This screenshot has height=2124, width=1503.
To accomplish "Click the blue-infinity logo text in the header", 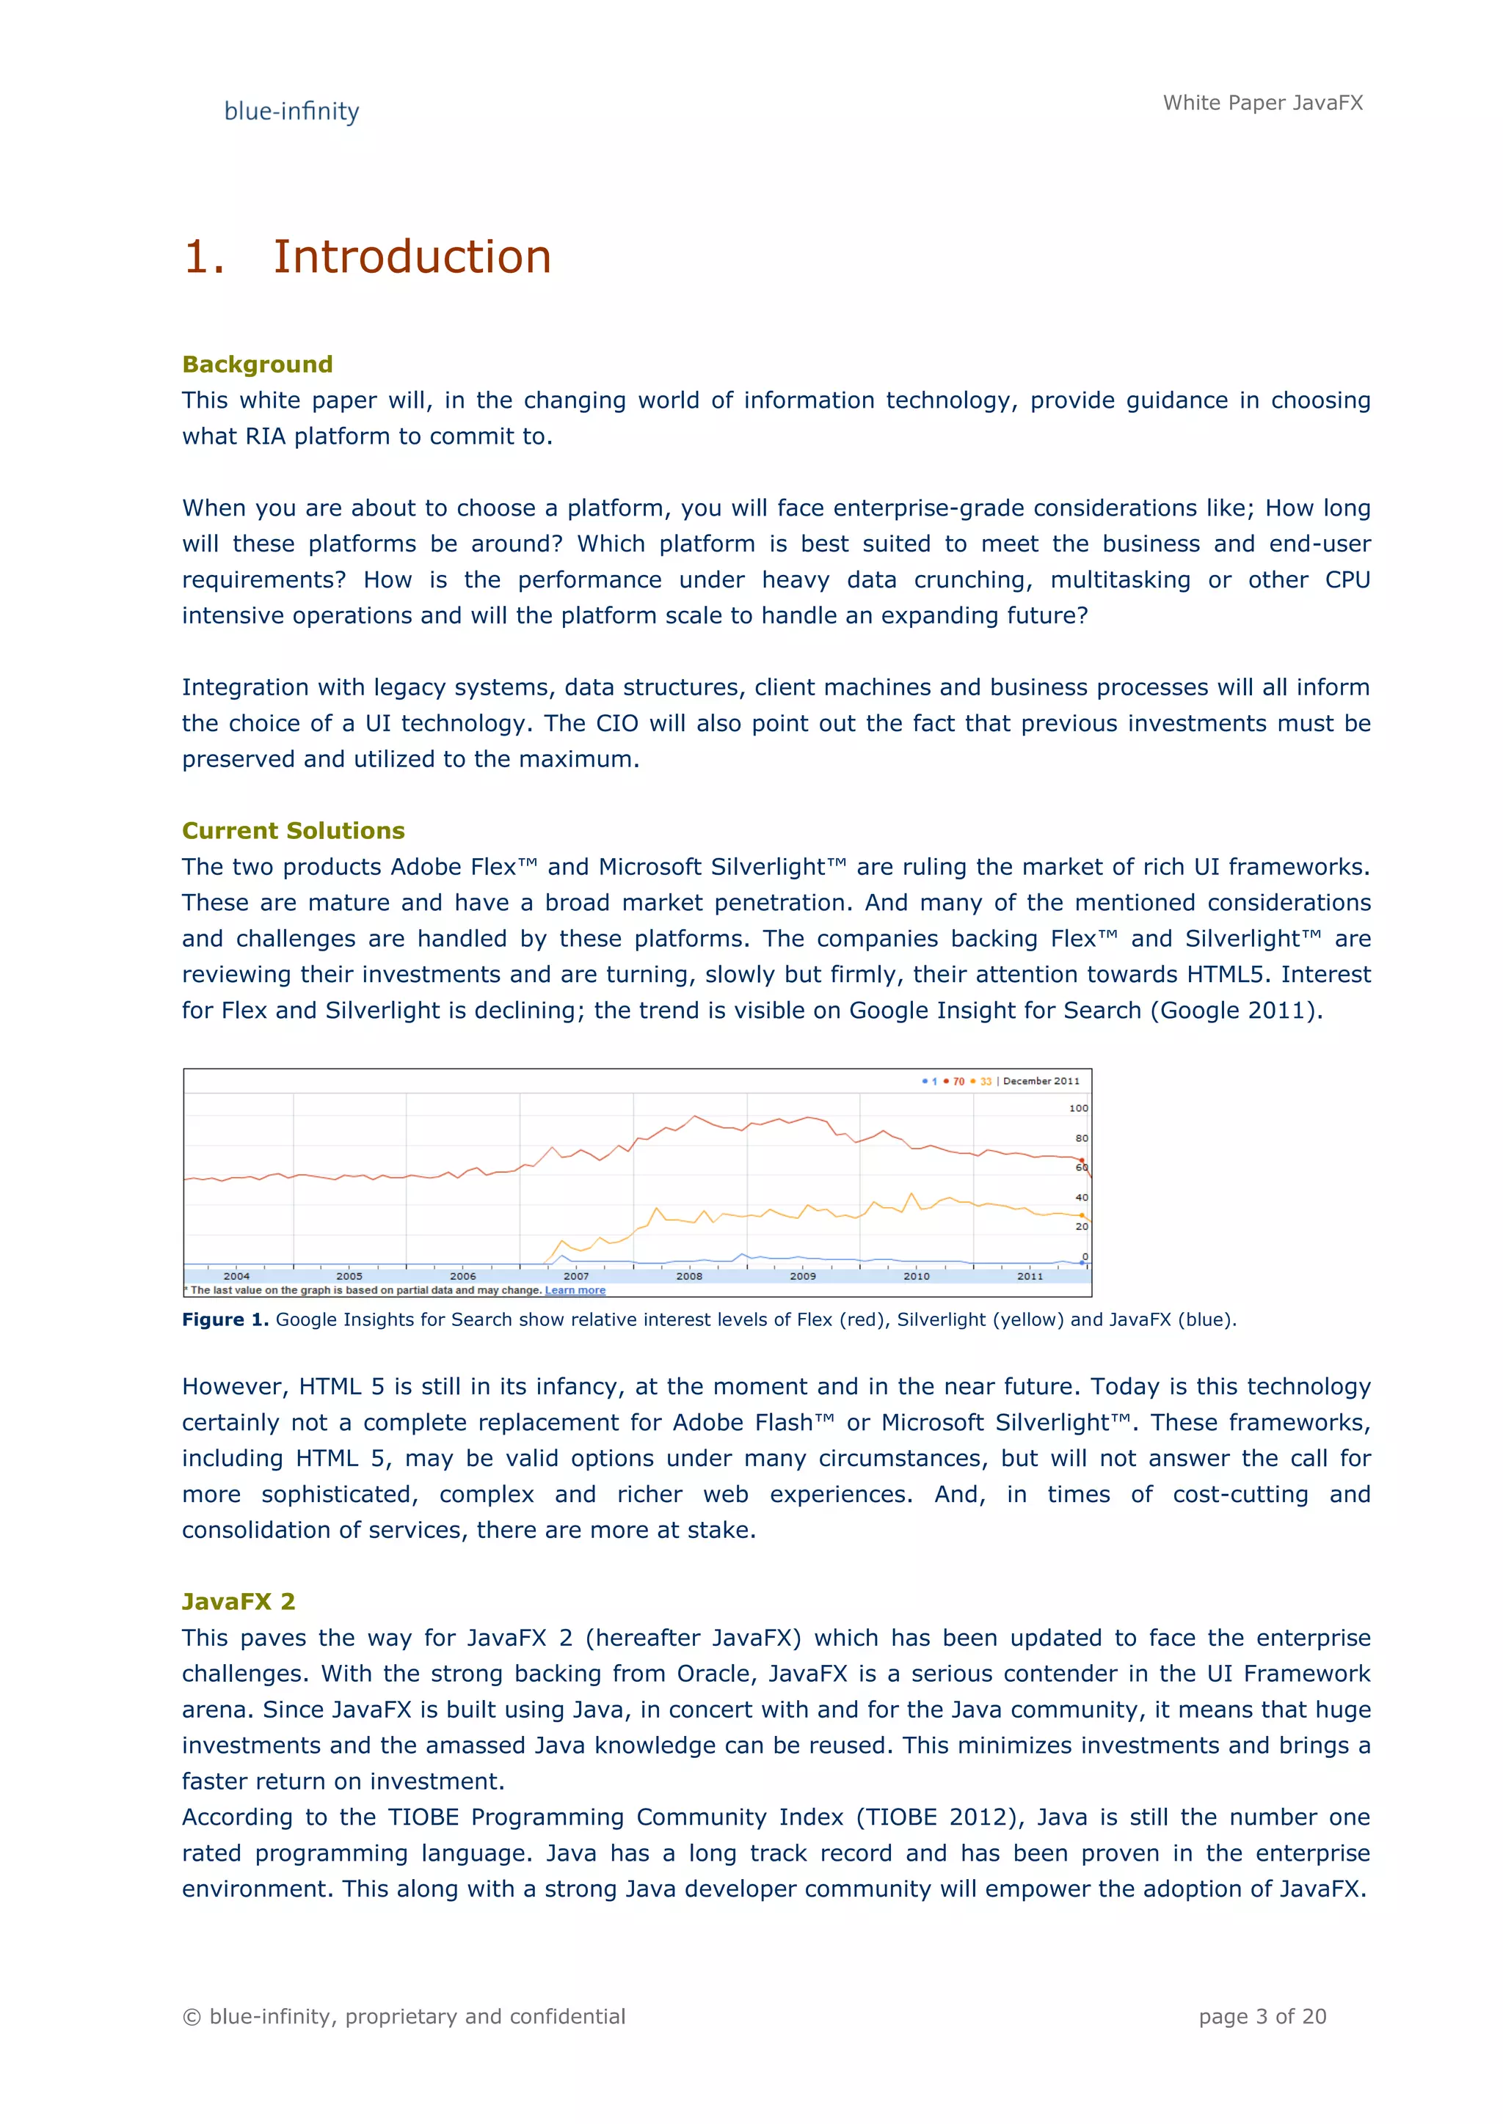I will point(291,112).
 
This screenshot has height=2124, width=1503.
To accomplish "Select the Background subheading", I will point(258,365).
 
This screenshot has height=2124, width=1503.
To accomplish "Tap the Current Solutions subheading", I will point(294,831).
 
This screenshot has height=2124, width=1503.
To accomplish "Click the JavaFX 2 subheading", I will point(238,1601).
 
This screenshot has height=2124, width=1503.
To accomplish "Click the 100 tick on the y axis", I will point(1078,1108).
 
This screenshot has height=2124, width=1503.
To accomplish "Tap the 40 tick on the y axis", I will point(1081,1197).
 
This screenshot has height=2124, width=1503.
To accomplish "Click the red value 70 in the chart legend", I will point(958,1081).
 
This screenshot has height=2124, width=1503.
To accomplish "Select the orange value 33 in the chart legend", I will point(985,1081).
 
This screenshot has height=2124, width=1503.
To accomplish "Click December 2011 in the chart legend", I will point(1041,1081).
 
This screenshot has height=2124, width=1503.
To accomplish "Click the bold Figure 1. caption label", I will point(225,1320).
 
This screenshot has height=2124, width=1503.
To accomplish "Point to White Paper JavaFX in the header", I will point(1262,103).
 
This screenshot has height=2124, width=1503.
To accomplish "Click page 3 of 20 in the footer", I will point(1262,2017).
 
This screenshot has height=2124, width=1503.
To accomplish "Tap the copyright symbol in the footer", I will point(192,2018).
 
